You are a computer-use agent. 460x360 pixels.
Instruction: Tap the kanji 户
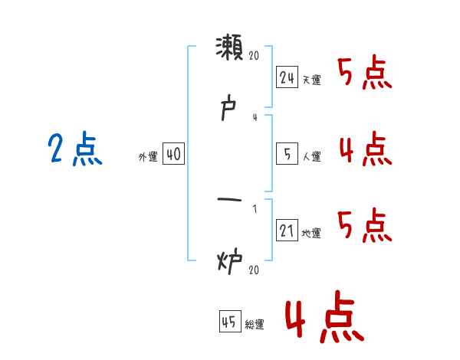(229, 109)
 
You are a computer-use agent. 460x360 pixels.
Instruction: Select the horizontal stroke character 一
(229, 201)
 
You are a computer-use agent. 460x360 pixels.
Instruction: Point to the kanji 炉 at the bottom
(229, 262)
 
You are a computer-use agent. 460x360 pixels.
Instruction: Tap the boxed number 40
(173, 155)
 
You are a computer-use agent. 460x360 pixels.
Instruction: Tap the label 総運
(254, 324)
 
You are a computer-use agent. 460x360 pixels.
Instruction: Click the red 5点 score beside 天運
(365, 74)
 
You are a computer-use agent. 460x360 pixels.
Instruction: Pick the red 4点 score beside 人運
(365, 149)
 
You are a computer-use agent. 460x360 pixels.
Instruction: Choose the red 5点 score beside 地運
(365, 225)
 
